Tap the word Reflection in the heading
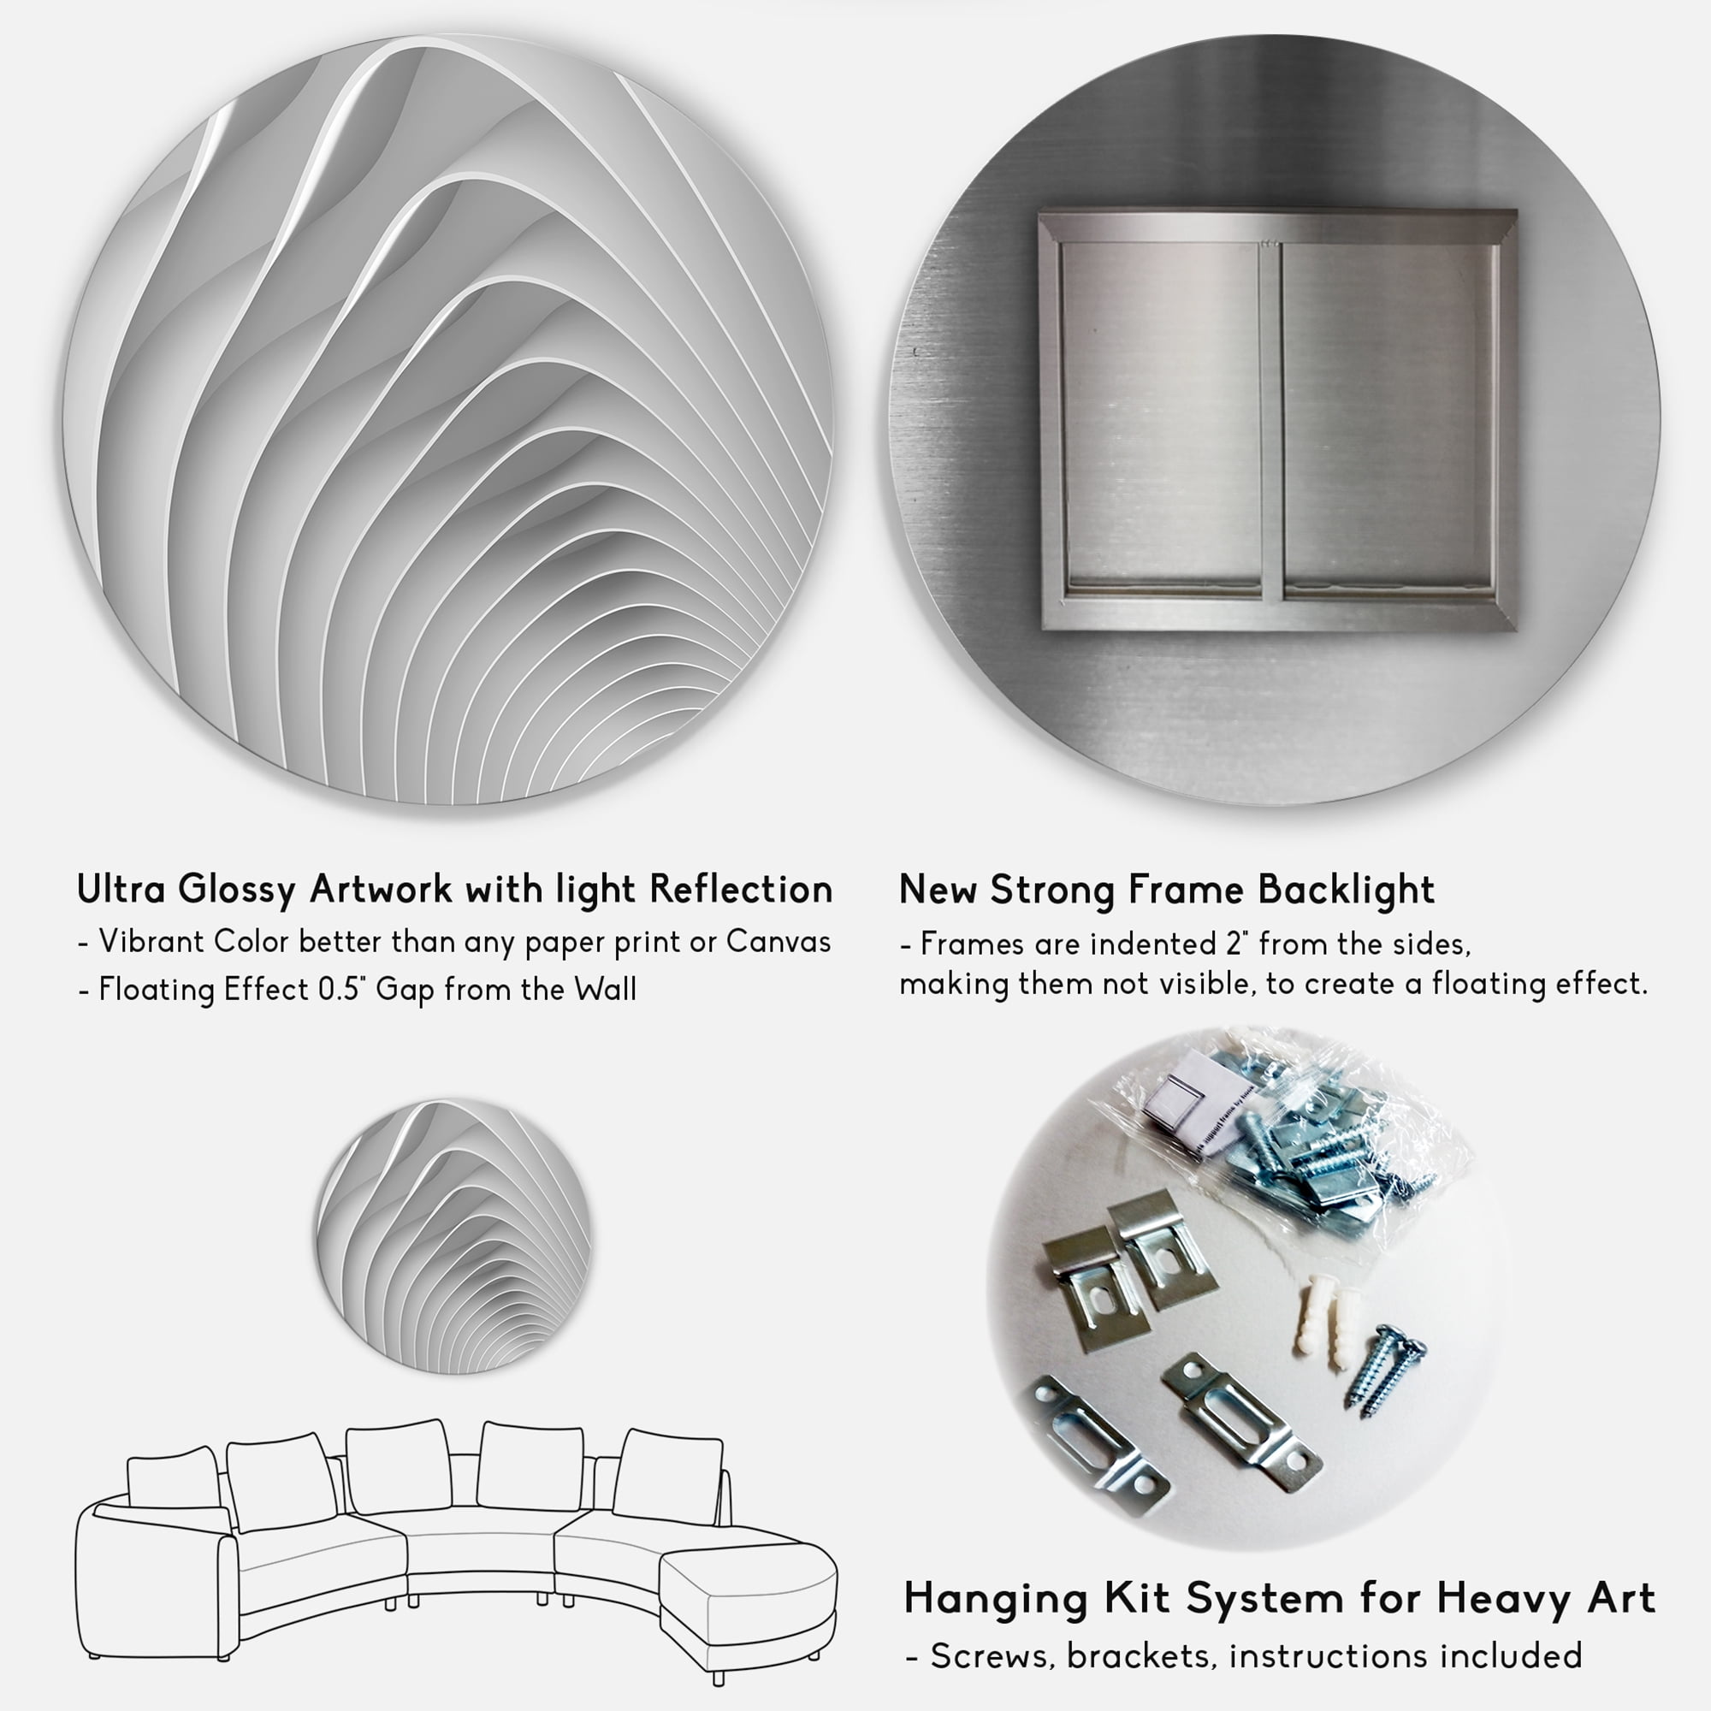click(x=741, y=889)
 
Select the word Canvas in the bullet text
click(x=779, y=941)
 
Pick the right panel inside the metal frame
click(x=1389, y=417)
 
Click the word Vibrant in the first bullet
click(x=151, y=941)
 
